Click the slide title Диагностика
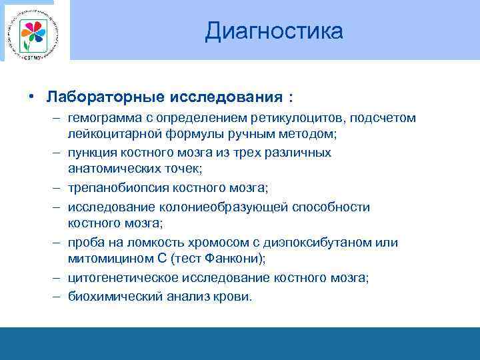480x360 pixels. [x=274, y=31]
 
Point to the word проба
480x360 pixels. [x=85, y=242]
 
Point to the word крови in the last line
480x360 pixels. [x=233, y=296]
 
